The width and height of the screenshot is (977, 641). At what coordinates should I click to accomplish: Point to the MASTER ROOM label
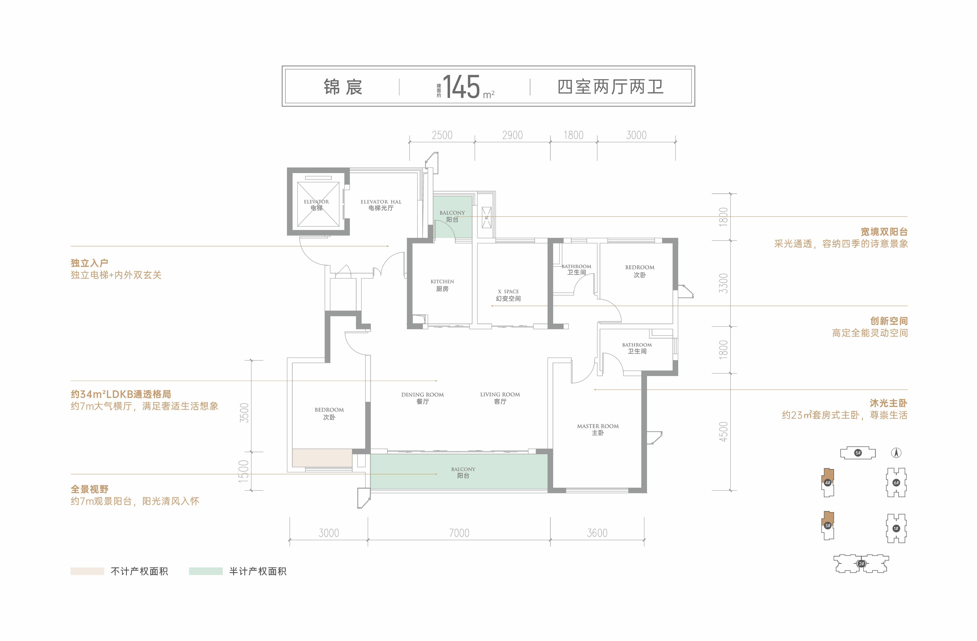click(x=598, y=429)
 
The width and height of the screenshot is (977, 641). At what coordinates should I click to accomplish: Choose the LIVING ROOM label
click(x=500, y=398)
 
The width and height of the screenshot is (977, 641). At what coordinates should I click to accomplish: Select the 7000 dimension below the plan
click(x=459, y=533)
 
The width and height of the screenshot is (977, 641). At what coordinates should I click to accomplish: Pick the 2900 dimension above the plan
click(x=512, y=135)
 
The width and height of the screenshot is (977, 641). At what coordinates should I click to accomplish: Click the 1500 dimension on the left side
click(x=244, y=471)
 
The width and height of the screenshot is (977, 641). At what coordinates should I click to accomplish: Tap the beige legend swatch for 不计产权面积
click(x=87, y=571)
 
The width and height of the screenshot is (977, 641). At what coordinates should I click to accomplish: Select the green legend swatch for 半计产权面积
click(x=206, y=571)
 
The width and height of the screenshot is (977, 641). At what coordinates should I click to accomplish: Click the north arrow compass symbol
click(x=897, y=453)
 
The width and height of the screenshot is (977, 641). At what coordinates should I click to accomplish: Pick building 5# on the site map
click(x=858, y=453)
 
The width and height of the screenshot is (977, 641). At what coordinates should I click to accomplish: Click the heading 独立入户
click(x=90, y=263)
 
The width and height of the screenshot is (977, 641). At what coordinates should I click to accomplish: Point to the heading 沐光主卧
click(x=888, y=403)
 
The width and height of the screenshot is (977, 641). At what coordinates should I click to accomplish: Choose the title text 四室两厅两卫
click(x=610, y=87)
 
